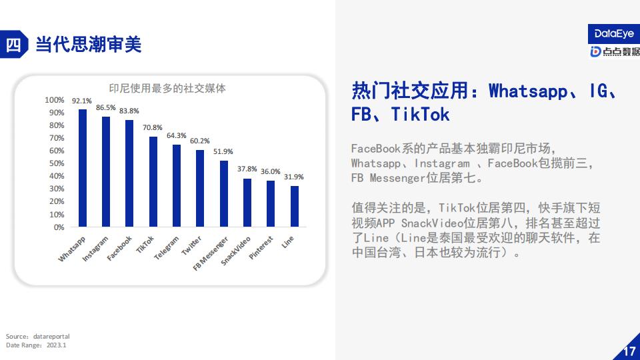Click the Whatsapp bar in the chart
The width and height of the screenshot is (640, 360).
(x=83, y=168)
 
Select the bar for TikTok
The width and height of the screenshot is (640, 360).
(x=153, y=181)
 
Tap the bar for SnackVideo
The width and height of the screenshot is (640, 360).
(x=247, y=203)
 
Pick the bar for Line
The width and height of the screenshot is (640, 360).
(x=294, y=206)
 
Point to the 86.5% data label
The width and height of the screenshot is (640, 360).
(x=106, y=107)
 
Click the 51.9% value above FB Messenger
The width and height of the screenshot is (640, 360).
(x=223, y=151)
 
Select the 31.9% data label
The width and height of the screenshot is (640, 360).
(x=294, y=177)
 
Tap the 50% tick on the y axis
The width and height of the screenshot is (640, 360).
(x=57, y=163)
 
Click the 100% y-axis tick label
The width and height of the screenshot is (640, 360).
(x=54, y=100)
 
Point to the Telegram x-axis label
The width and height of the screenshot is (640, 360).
(x=167, y=248)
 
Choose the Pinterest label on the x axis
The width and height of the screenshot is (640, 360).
(x=261, y=248)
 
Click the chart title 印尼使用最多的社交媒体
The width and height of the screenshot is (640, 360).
(x=167, y=88)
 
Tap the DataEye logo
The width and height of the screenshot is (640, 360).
(x=614, y=33)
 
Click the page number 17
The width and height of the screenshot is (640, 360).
(x=629, y=351)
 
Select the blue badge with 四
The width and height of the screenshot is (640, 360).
(x=14, y=44)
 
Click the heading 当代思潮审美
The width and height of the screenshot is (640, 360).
(x=89, y=44)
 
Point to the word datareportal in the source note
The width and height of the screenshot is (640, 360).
(x=51, y=336)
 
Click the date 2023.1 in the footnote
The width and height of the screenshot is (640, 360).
(x=56, y=345)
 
